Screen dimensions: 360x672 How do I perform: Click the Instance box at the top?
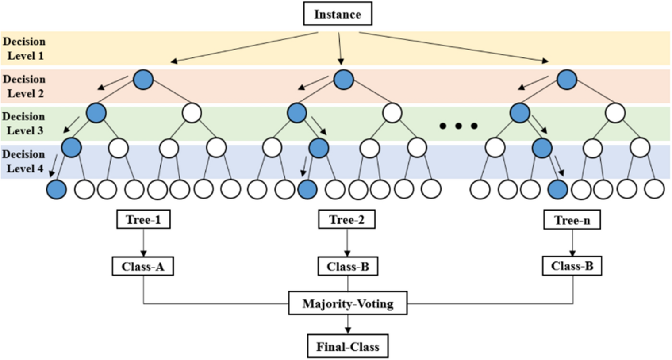pos(337,14)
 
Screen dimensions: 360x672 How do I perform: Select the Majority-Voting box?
pos(348,303)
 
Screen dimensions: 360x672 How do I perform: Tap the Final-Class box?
pos(348,346)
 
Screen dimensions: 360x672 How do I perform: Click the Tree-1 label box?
pos(143,220)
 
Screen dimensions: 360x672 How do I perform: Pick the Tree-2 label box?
pos(347,220)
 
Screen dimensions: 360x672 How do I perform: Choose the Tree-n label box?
pos(572,220)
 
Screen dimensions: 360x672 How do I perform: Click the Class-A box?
pos(143,267)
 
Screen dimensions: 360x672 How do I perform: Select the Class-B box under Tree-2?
pos(348,267)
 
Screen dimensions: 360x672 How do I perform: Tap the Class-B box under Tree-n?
pos(572,266)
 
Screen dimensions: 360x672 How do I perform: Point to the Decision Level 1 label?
pos(25,49)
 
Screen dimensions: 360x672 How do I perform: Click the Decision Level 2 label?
pos(25,86)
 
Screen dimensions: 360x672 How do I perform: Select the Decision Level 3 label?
pos(25,123)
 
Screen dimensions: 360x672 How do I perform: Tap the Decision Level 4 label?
pos(24,161)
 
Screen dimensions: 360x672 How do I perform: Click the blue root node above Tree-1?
pos(143,80)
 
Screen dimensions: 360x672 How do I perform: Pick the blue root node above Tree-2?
pos(344,80)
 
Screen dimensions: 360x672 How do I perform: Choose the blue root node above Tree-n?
pos(567,80)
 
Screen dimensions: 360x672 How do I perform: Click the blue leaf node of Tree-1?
pos(57,189)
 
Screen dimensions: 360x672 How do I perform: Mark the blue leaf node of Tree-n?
pos(557,189)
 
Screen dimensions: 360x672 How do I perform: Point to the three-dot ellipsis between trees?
pos(458,126)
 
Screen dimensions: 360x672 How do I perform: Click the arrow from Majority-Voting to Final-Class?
pos(348,324)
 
